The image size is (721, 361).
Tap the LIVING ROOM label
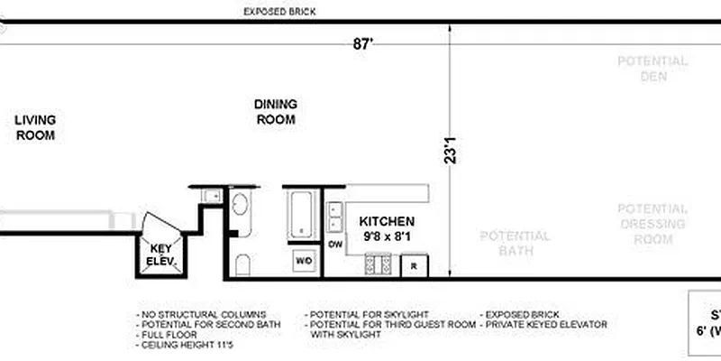coord(36,127)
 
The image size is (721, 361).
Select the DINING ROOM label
coord(276,112)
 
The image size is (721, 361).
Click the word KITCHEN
coord(387,221)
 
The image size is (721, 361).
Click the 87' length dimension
coord(363,44)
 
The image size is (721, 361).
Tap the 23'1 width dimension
coord(452,150)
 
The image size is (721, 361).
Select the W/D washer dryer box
coord(305,261)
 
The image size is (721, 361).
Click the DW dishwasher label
coord(334,245)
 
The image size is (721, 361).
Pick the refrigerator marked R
coord(414,266)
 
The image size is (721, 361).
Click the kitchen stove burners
coord(378,264)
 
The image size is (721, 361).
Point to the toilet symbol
coord(242,265)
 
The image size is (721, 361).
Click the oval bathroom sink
coord(241,208)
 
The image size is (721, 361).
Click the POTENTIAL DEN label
coord(653,69)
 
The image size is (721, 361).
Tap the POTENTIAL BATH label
coord(514,243)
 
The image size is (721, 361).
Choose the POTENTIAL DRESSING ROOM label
coord(653,223)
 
